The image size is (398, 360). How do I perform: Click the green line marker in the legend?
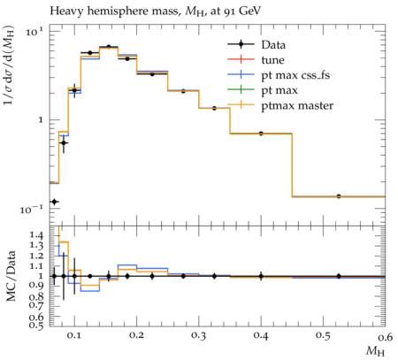[x=241, y=89]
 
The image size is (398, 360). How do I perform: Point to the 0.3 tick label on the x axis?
[x=199, y=335]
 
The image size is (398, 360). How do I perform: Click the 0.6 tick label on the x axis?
[x=385, y=335]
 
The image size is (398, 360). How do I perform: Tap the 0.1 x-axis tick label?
[x=75, y=335]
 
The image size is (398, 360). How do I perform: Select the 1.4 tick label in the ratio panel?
[x=36, y=235]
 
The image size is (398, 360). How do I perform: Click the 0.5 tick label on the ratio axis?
[x=36, y=326]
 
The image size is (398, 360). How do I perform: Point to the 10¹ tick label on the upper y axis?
[x=34, y=31]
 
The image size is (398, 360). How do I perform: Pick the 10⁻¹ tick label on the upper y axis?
[x=32, y=209]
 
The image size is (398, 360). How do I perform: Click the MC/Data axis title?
[x=11, y=276]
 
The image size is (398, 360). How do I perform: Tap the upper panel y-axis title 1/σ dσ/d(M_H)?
[x=9, y=70]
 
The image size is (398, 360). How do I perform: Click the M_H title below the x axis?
[x=375, y=351]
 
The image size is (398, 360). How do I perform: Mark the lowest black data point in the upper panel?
[x=54, y=202]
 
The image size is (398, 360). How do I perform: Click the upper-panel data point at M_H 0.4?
[x=261, y=134]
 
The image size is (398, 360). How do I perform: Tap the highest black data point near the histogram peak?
[x=109, y=47]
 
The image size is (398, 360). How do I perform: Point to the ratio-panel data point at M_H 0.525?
[x=339, y=276]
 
